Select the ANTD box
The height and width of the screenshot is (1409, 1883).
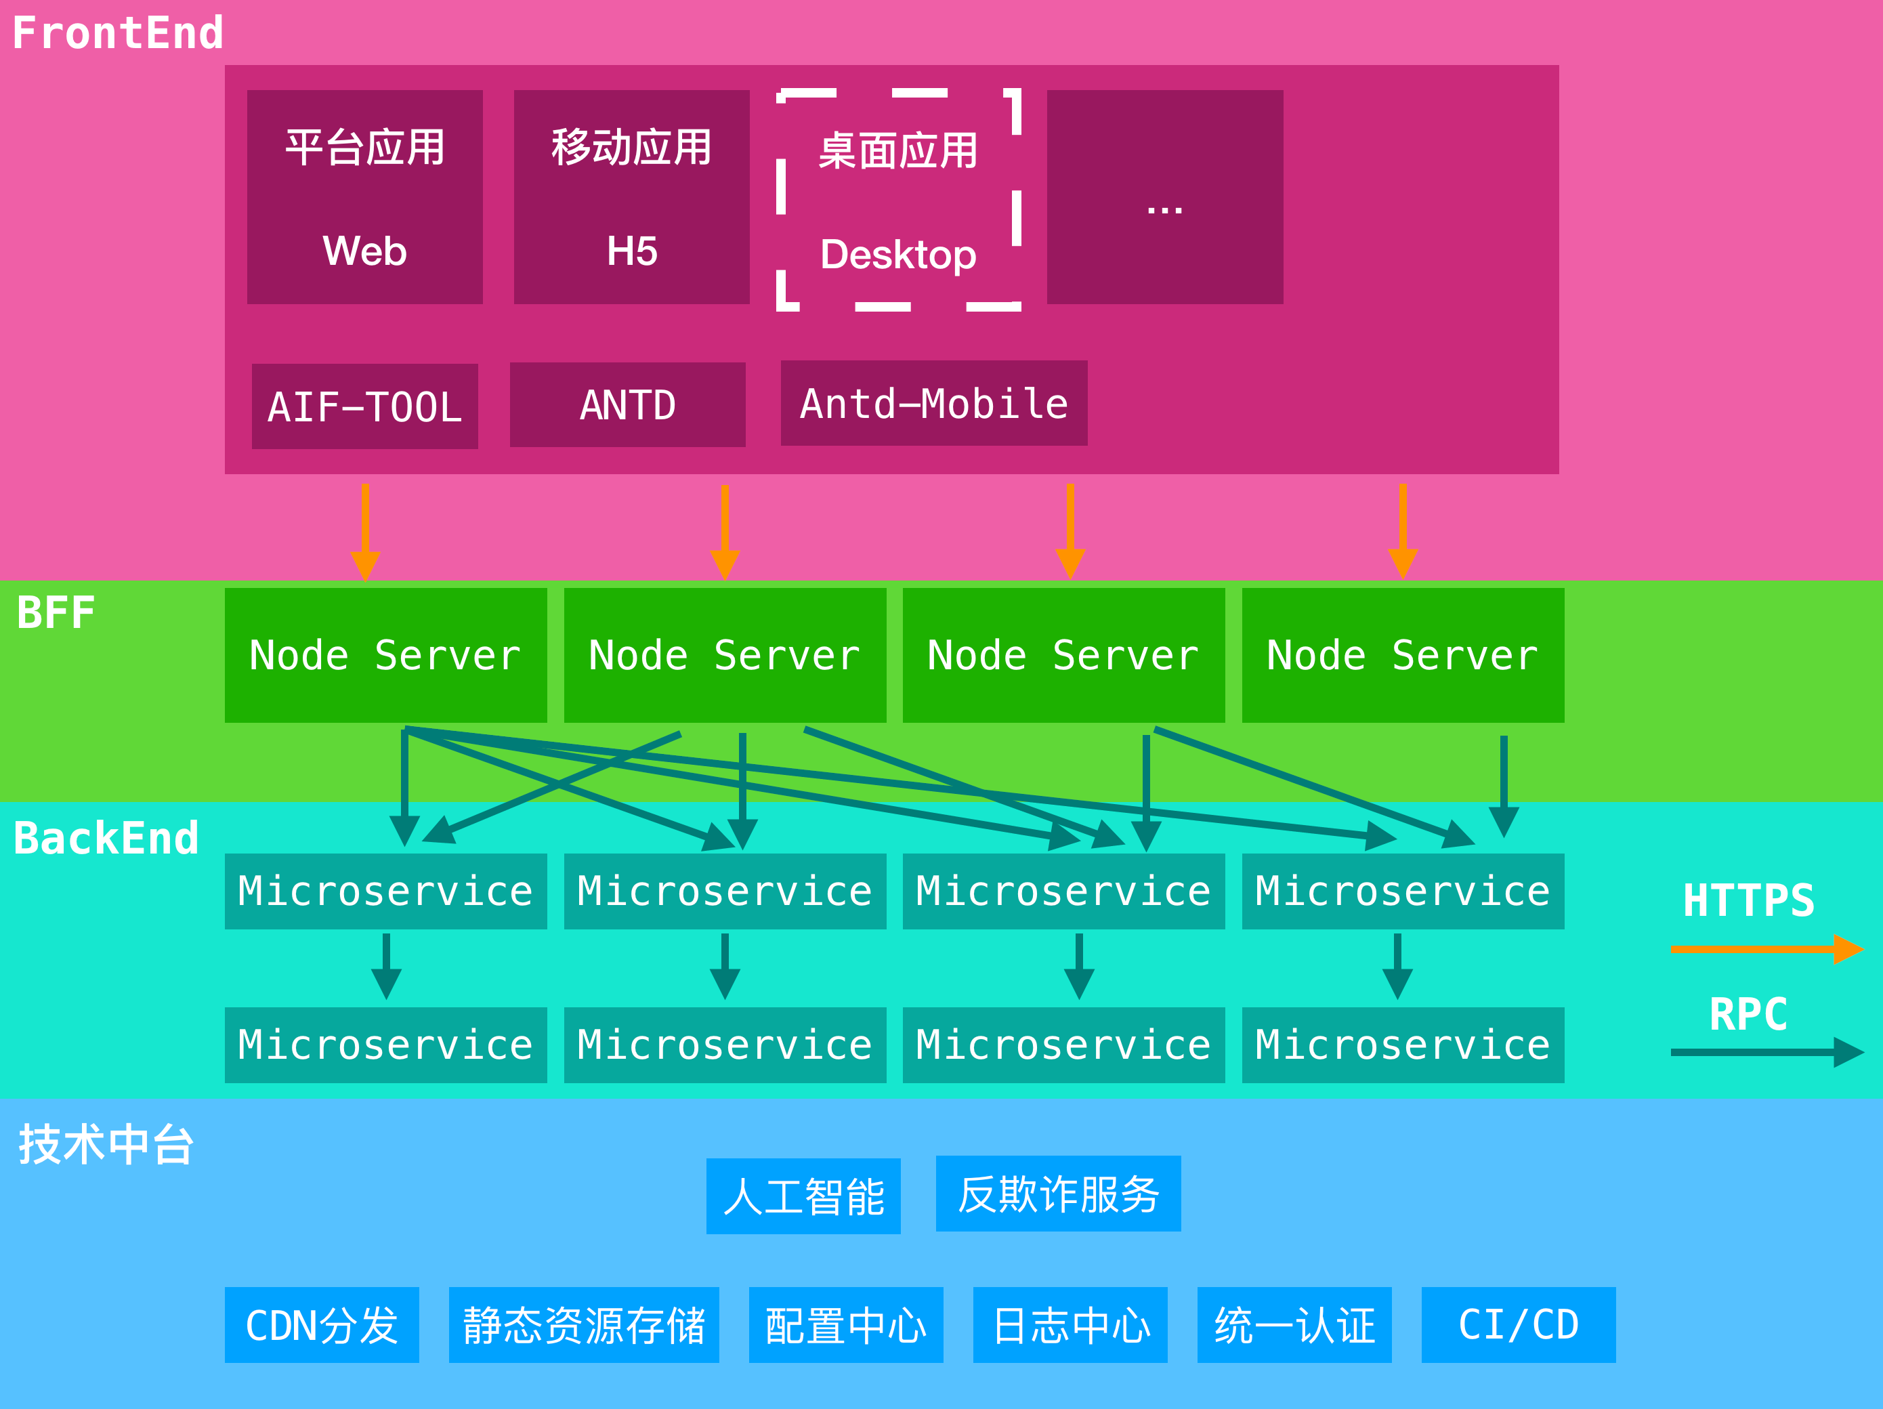[x=627, y=405]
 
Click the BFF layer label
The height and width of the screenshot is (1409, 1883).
[x=56, y=613]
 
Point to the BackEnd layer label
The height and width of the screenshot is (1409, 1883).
[x=106, y=839]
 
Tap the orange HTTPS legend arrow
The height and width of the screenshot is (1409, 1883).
[x=1766, y=949]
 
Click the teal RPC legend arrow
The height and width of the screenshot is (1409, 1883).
[x=1766, y=1052]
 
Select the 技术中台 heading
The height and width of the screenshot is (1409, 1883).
[x=106, y=1144]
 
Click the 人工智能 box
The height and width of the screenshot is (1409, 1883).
[x=803, y=1196]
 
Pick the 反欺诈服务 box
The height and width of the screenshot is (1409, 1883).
[x=1058, y=1194]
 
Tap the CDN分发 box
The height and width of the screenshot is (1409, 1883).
[x=322, y=1326]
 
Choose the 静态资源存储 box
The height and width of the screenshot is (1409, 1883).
[x=584, y=1326]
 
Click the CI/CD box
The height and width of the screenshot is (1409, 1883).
[x=1519, y=1326]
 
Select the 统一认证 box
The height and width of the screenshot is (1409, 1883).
[x=1294, y=1326]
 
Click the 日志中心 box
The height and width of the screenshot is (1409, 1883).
[x=1070, y=1326]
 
